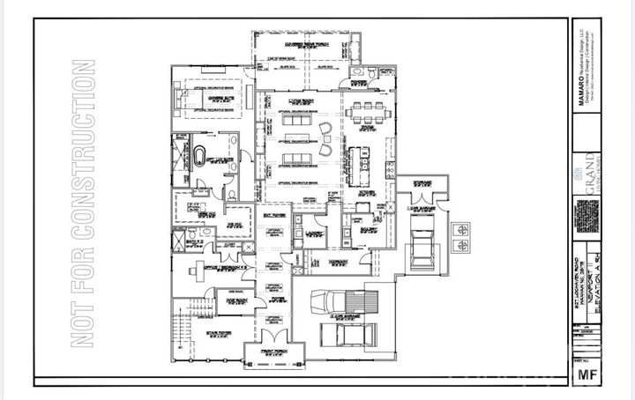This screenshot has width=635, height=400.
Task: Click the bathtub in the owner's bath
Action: (200, 159)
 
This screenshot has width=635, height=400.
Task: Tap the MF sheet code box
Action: (584, 375)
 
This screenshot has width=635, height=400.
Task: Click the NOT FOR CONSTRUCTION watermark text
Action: (84, 204)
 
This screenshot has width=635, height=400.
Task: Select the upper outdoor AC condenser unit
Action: (461, 228)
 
